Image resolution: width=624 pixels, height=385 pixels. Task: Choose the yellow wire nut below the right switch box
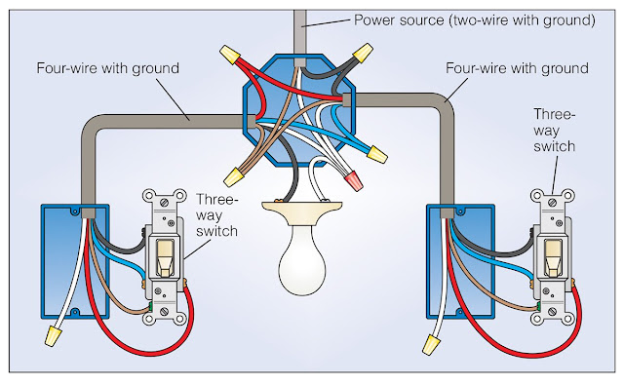pyautogui.click(x=430, y=338)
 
